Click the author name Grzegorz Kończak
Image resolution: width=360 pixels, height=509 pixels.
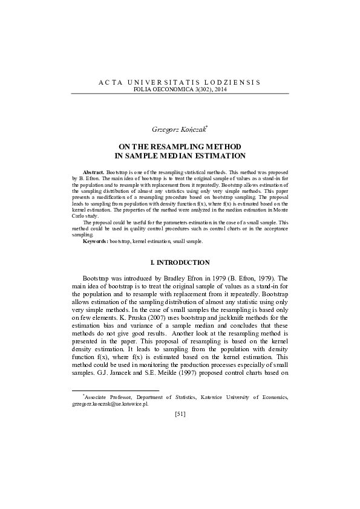pyautogui.click(x=179, y=129)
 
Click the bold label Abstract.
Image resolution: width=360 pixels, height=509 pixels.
pyautogui.click(x=93, y=173)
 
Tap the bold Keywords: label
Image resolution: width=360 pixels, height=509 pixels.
pyautogui.click(x=96, y=241)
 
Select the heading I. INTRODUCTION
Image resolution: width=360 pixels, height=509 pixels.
pyautogui.click(x=180, y=262)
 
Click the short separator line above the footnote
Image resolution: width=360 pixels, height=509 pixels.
pyautogui.click(x=115, y=391)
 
